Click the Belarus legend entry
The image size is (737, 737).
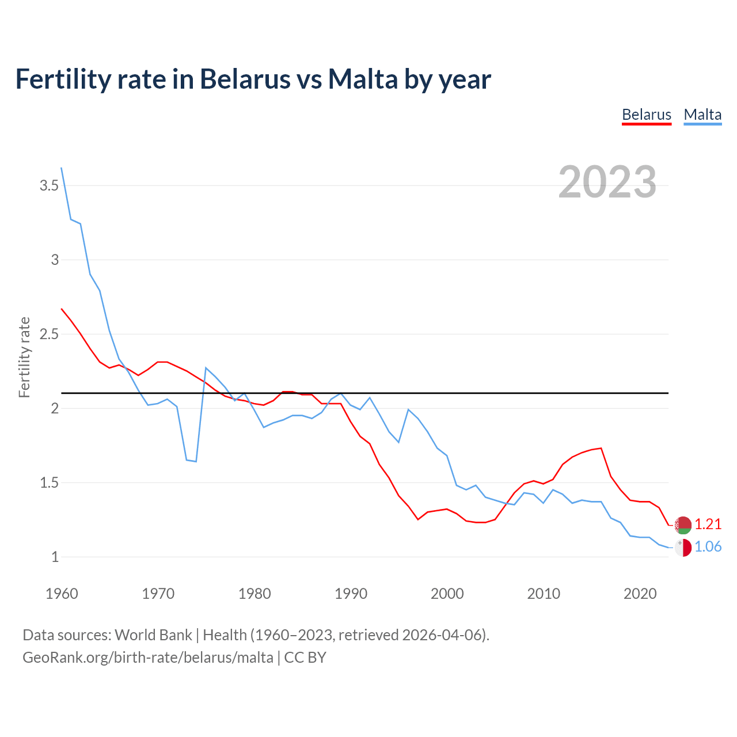tap(647, 115)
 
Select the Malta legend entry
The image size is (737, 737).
tap(702, 115)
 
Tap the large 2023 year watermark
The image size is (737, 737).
tap(607, 182)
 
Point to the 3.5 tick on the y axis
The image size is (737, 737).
tap(49, 185)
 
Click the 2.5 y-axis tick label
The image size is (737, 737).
tap(49, 334)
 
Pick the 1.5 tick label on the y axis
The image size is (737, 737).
tap(49, 483)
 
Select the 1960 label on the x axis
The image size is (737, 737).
tap(62, 594)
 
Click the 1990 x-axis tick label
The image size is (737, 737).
tap(351, 594)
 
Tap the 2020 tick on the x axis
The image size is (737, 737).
tap(640, 594)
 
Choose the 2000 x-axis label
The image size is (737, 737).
tap(447, 594)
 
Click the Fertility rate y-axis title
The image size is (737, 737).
tap(24, 357)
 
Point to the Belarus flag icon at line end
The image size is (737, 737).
tap(683, 525)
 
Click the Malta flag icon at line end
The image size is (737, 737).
tap(683, 548)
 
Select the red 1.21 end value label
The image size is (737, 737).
tap(708, 524)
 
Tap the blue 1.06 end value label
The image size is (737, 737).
tap(708, 546)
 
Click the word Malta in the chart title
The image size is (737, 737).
tap(363, 79)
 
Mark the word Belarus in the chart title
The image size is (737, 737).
tap(245, 79)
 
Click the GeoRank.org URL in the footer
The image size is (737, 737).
tap(148, 657)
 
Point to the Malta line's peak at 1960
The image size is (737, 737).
tap(62, 168)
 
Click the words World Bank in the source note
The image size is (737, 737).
tap(153, 635)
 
